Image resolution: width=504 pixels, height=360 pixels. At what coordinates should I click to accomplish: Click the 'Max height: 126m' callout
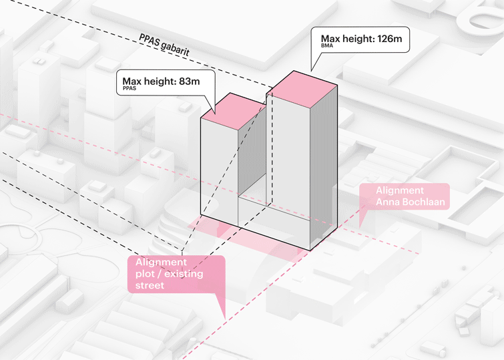[x=361, y=41]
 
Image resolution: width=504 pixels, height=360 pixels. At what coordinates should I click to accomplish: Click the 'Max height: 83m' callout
[x=161, y=83]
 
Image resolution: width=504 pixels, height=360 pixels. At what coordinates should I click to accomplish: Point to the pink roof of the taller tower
[x=304, y=86]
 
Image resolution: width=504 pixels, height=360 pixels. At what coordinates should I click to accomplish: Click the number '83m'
[x=187, y=81]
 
